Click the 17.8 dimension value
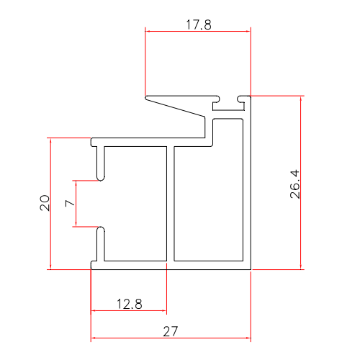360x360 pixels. pyautogui.click(x=198, y=24)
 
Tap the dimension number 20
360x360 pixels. pyautogui.click(x=44, y=203)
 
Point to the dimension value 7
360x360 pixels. pyautogui.click(x=70, y=204)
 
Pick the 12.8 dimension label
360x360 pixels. pyautogui.click(x=130, y=304)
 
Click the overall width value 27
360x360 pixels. pyautogui.click(x=171, y=331)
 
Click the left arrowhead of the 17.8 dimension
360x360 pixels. pyautogui.click(x=148, y=31)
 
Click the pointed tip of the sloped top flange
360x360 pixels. pyautogui.click(x=147, y=97)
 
